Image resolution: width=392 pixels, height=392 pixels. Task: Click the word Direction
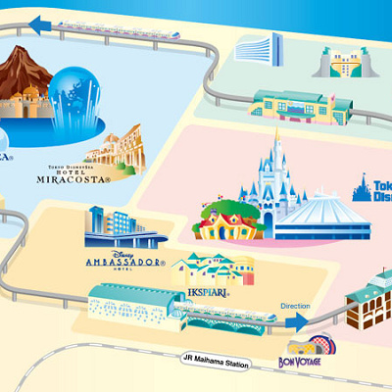click(x=295, y=307)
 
